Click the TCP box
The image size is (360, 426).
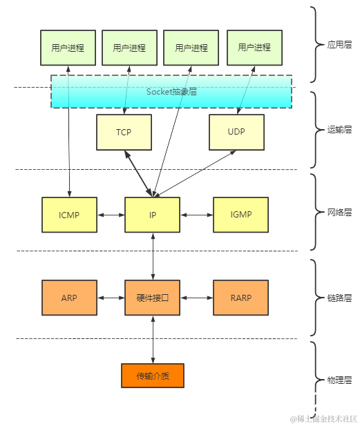(124, 132)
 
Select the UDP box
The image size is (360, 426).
(236, 132)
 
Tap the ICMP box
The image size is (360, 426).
(69, 215)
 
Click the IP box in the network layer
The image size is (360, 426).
(152, 215)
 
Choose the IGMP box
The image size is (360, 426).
(240, 215)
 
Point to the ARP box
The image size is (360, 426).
(69, 298)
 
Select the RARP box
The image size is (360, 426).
(240, 298)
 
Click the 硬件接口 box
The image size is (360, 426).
(152, 298)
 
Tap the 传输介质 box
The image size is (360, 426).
(152, 376)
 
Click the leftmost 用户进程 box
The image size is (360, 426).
(68, 48)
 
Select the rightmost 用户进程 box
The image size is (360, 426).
(254, 48)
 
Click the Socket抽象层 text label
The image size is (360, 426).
(171, 91)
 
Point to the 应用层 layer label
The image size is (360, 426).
(339, 45)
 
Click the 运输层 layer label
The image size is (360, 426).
(339, 129)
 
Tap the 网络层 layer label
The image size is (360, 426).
(339, 213)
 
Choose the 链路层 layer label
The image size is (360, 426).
(339, 298)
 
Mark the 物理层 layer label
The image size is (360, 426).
(339, 380)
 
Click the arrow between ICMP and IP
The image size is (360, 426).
(111, 215)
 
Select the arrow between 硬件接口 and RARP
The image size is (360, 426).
(196, 298)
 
